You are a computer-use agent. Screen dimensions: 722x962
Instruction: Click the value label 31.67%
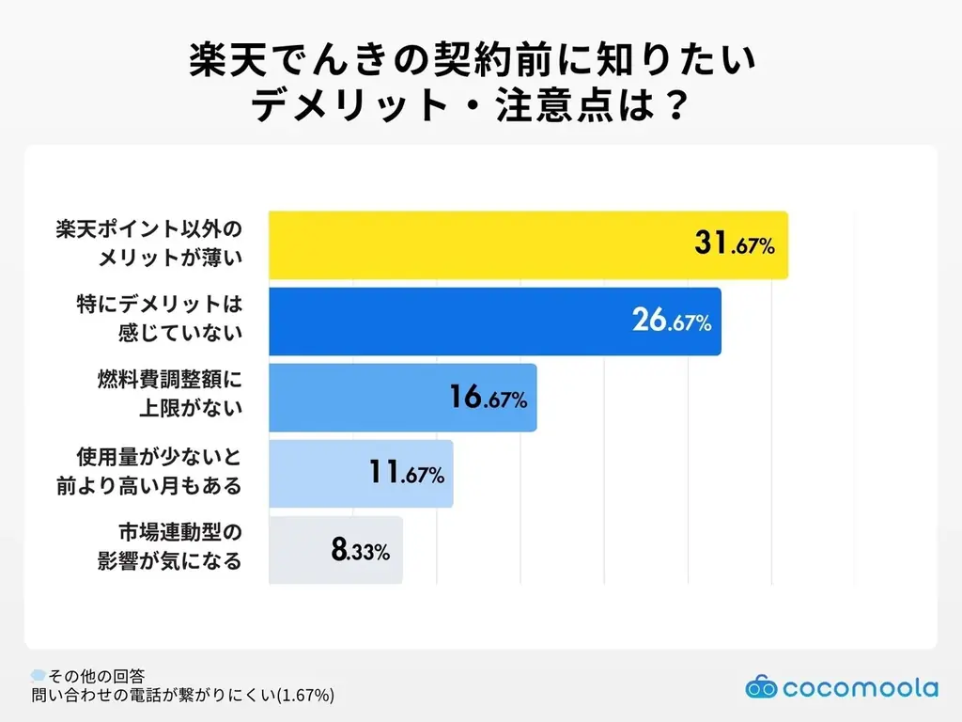point(734,245)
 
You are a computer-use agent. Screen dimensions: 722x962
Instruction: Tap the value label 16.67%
point(487,398)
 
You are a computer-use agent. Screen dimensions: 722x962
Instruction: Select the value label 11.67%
point(404,474)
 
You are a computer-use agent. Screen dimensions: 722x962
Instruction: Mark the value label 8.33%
point(359,551)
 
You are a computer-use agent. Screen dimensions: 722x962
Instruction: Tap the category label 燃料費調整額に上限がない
point(169,398)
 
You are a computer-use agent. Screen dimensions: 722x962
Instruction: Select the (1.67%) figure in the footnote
point(302,696)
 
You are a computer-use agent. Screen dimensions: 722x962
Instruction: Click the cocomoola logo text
point(859,688)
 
